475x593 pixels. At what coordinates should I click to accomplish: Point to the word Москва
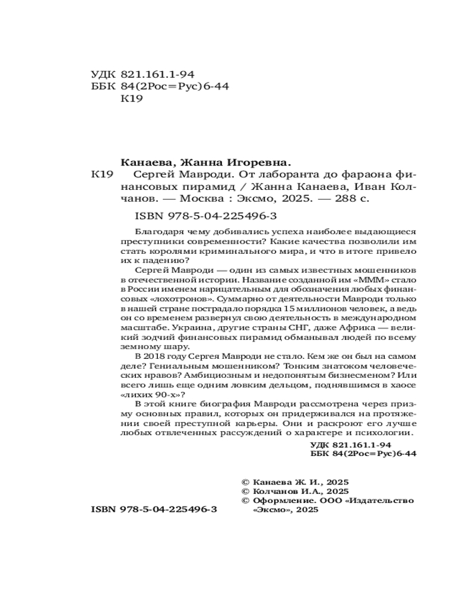click(202, 200)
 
